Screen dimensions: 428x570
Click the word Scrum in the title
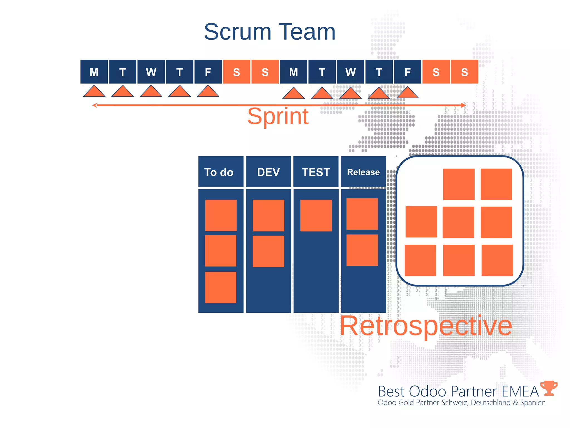pos(237,32)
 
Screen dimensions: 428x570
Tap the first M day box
pos(94,72)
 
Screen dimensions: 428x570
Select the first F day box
pos(208,72)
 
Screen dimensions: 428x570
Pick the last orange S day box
pos(464,72)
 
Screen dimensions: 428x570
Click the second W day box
pos(350,72)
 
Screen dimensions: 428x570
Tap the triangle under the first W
pos(151,92)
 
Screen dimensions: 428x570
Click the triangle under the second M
pos(293,94)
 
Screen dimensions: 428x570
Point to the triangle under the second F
pos(407,93)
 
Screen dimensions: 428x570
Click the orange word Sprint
pos(278,116)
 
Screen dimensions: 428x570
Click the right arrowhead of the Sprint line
pos(463,105)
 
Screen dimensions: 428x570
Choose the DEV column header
pos(268,172)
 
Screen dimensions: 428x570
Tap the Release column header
pos(363,172)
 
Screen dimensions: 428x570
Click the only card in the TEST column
pos(316,215)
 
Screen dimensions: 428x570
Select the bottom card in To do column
pos(220,287)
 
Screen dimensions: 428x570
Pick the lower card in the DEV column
pos(268,251)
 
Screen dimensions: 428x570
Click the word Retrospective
pos(426,326)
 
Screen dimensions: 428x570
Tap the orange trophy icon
pos(549,388)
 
